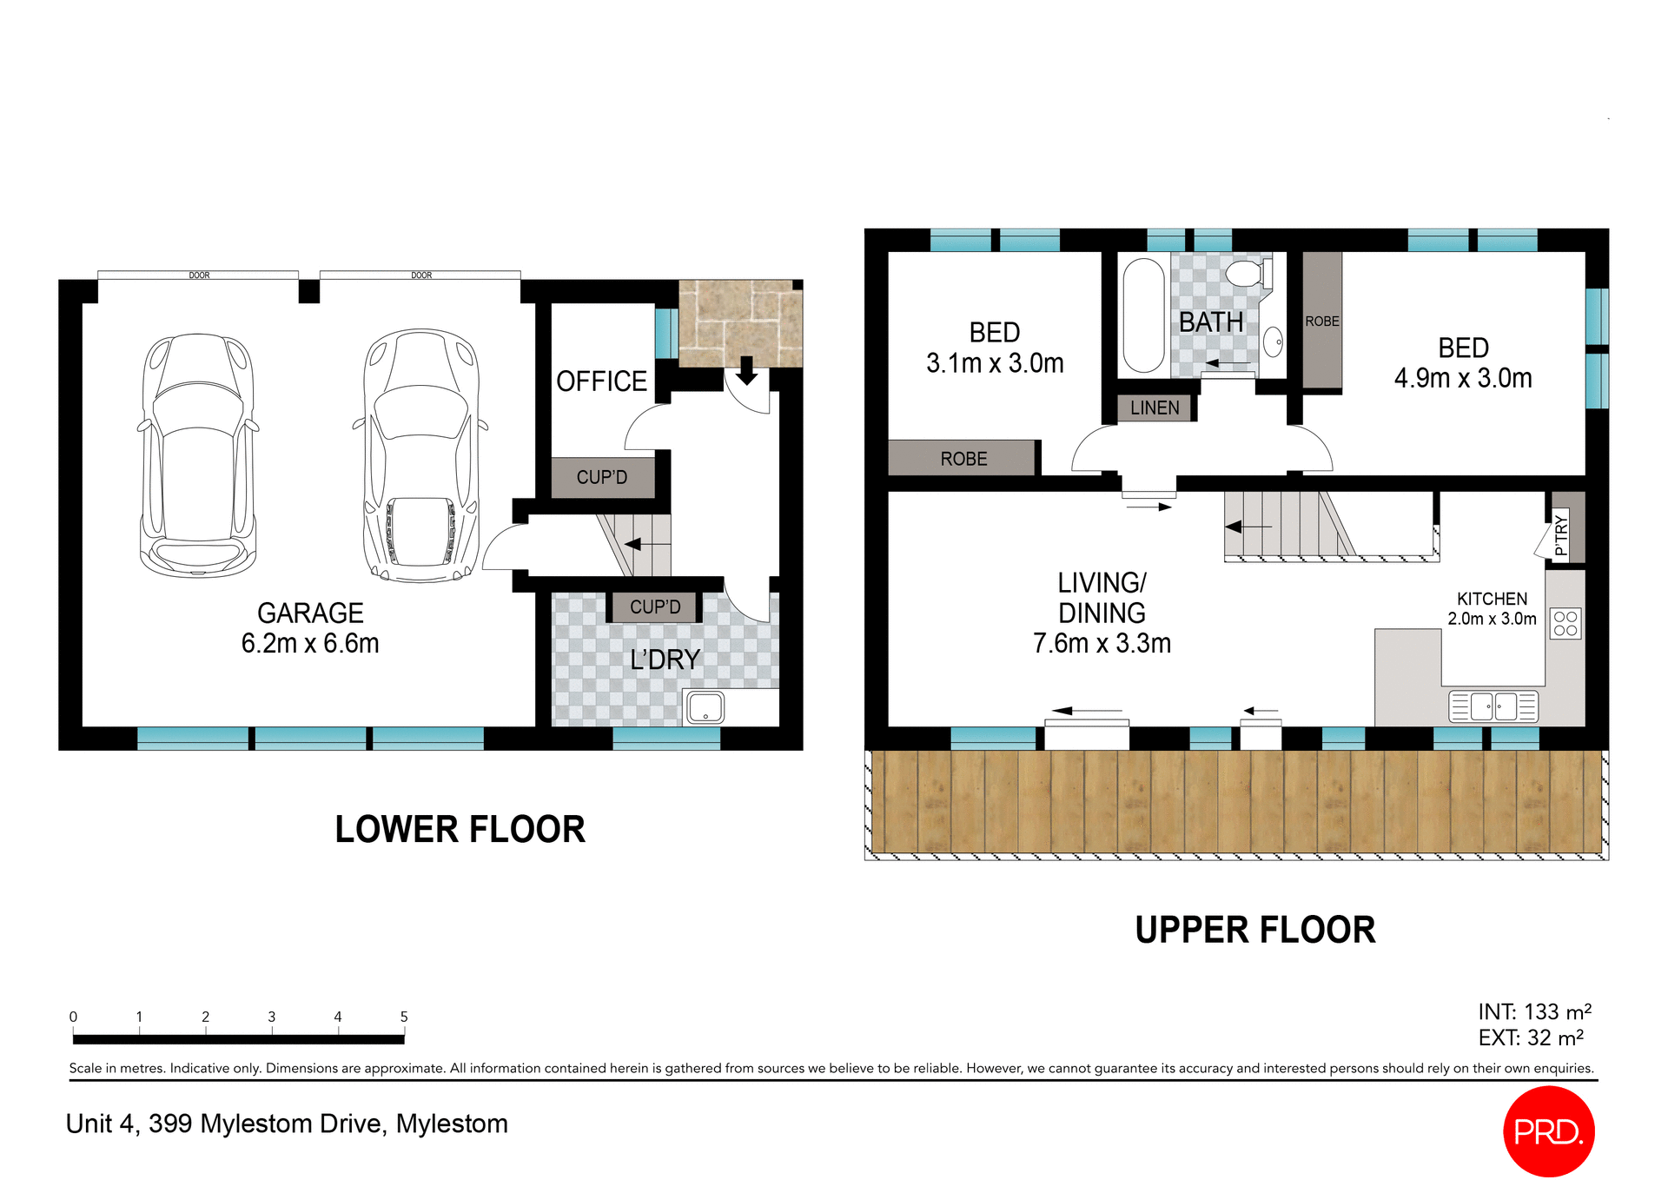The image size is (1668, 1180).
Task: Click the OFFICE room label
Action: (x=601, y=381)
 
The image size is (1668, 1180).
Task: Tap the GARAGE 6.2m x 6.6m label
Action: (x=310, y=628)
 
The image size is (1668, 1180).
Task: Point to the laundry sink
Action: (x=705, y=707)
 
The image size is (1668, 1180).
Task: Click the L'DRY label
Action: (x=665, y=660)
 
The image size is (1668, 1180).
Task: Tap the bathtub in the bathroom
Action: (x=1143, y=315)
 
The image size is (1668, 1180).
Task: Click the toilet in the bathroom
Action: (x=1246, y=274)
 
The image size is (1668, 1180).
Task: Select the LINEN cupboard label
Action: (x=1155, y=408)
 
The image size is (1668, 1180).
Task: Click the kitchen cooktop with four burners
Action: (x=1565, y=623)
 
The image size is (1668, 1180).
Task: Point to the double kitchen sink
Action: (x=1493, y=706)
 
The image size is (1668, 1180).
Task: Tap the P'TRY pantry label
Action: (x=1561, y=535)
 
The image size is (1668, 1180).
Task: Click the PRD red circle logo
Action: (x=1548, y=1131)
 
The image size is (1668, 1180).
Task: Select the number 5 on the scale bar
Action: (x=404, y=1017)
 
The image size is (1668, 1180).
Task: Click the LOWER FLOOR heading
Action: (x=460, y=830)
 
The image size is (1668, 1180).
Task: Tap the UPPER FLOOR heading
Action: (x=1254, y=931)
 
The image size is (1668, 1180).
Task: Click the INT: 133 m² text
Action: (x=1534, y=1012)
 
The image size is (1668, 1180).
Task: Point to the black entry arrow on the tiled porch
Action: (x=746, y=371)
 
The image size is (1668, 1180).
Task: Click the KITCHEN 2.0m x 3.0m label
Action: (x=1492, y=608)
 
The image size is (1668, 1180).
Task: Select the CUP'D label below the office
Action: (x=601, y=477)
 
